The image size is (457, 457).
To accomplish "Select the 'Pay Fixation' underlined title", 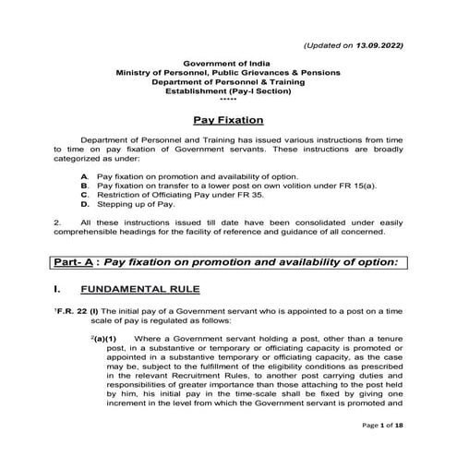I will tap(228, 120).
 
